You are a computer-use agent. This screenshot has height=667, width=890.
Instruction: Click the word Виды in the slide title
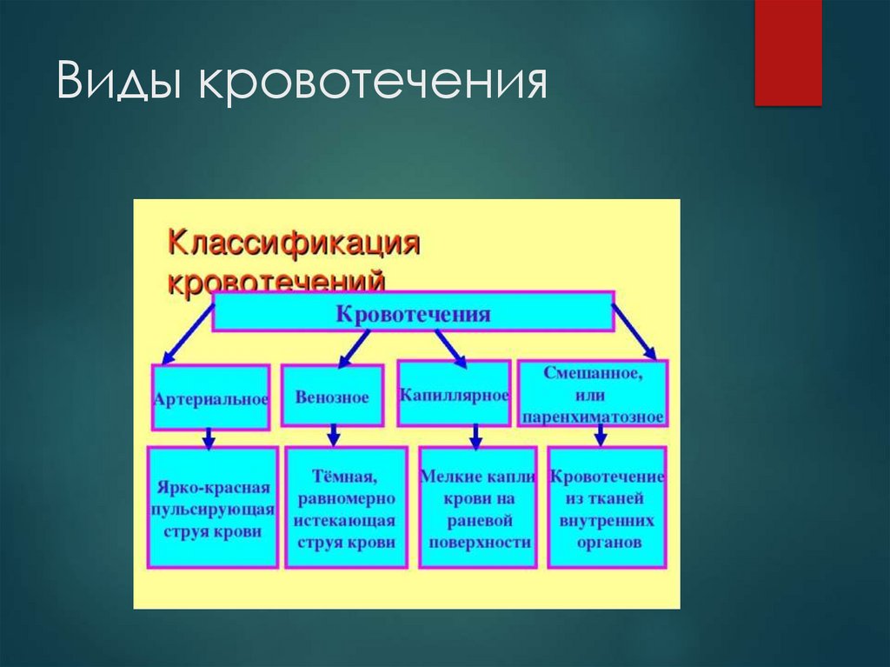pyautogui.click(x=121, y=83)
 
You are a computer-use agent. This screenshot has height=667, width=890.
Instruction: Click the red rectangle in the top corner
pyautogui.click(x=787, y=52)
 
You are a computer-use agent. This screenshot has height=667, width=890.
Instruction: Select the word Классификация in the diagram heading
pyautogui.click(x=294, y=242)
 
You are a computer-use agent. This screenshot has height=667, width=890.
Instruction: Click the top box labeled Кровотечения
pyautogui.click(x=413, y=312)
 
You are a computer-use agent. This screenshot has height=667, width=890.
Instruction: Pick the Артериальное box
pyautogui.click(x=210, y=398)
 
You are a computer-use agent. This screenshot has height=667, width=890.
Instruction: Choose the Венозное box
pyautogui.click(x=332, y=397)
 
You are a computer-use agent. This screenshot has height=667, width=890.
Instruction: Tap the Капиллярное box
pyautogui.click(x=454, y=395)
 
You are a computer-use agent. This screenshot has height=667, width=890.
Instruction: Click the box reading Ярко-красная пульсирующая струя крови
pyautogui.click(x=212, y=508)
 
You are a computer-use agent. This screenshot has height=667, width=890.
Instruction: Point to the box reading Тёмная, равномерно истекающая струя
pyautogui.click(x=345, y=508)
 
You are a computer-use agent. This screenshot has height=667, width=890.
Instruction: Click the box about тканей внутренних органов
pyautogui.click(x=607, y=508)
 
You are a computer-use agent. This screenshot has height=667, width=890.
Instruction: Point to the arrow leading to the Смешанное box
pyautogui.click(x=634, y=329)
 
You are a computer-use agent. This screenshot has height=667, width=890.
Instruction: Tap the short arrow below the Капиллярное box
pyautogui.click(x=475, y=436)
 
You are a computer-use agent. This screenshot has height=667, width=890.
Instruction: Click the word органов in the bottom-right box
pyautogui.click(x=608, y=542)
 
